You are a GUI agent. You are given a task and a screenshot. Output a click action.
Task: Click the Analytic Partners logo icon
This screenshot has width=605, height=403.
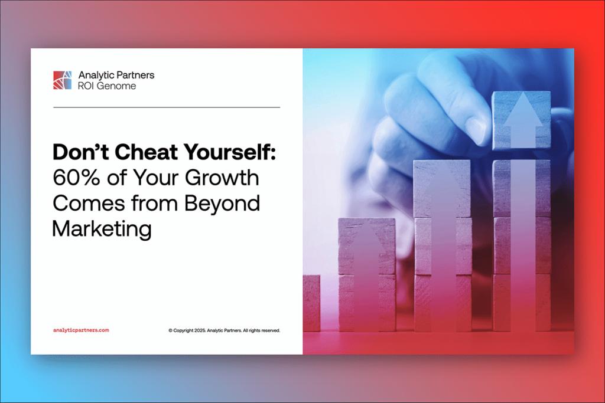point(63,80)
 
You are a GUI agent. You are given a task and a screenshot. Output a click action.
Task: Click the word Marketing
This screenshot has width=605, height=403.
point(102,228)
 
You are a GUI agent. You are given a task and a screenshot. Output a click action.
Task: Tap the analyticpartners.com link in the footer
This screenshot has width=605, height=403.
point(81,330)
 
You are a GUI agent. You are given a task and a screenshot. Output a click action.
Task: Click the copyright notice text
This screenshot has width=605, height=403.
point(224,330)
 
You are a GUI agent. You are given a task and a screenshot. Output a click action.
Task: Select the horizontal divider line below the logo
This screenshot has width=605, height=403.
point(167,107)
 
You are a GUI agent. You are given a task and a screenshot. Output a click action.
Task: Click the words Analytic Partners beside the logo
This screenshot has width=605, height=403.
point(116,75)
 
